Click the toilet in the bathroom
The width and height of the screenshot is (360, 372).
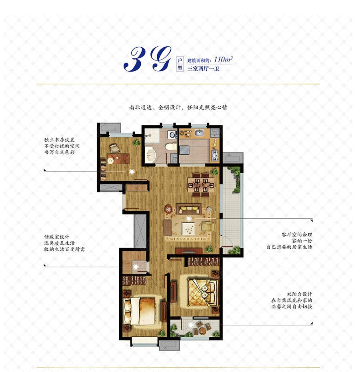172,146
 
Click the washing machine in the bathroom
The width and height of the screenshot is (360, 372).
172,134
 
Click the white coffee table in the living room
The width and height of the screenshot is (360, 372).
188,229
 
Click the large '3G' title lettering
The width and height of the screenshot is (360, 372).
147,59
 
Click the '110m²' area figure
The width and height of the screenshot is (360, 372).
223,59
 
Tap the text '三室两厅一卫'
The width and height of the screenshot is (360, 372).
203,69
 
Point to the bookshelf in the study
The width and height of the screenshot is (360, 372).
103,169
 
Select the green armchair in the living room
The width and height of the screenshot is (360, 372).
208,226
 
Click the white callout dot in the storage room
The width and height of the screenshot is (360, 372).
136,267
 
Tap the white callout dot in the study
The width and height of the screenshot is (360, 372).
132,172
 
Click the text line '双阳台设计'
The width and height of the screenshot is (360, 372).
299,294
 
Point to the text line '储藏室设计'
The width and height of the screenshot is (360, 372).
57,237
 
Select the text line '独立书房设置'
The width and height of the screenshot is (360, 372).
59,140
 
